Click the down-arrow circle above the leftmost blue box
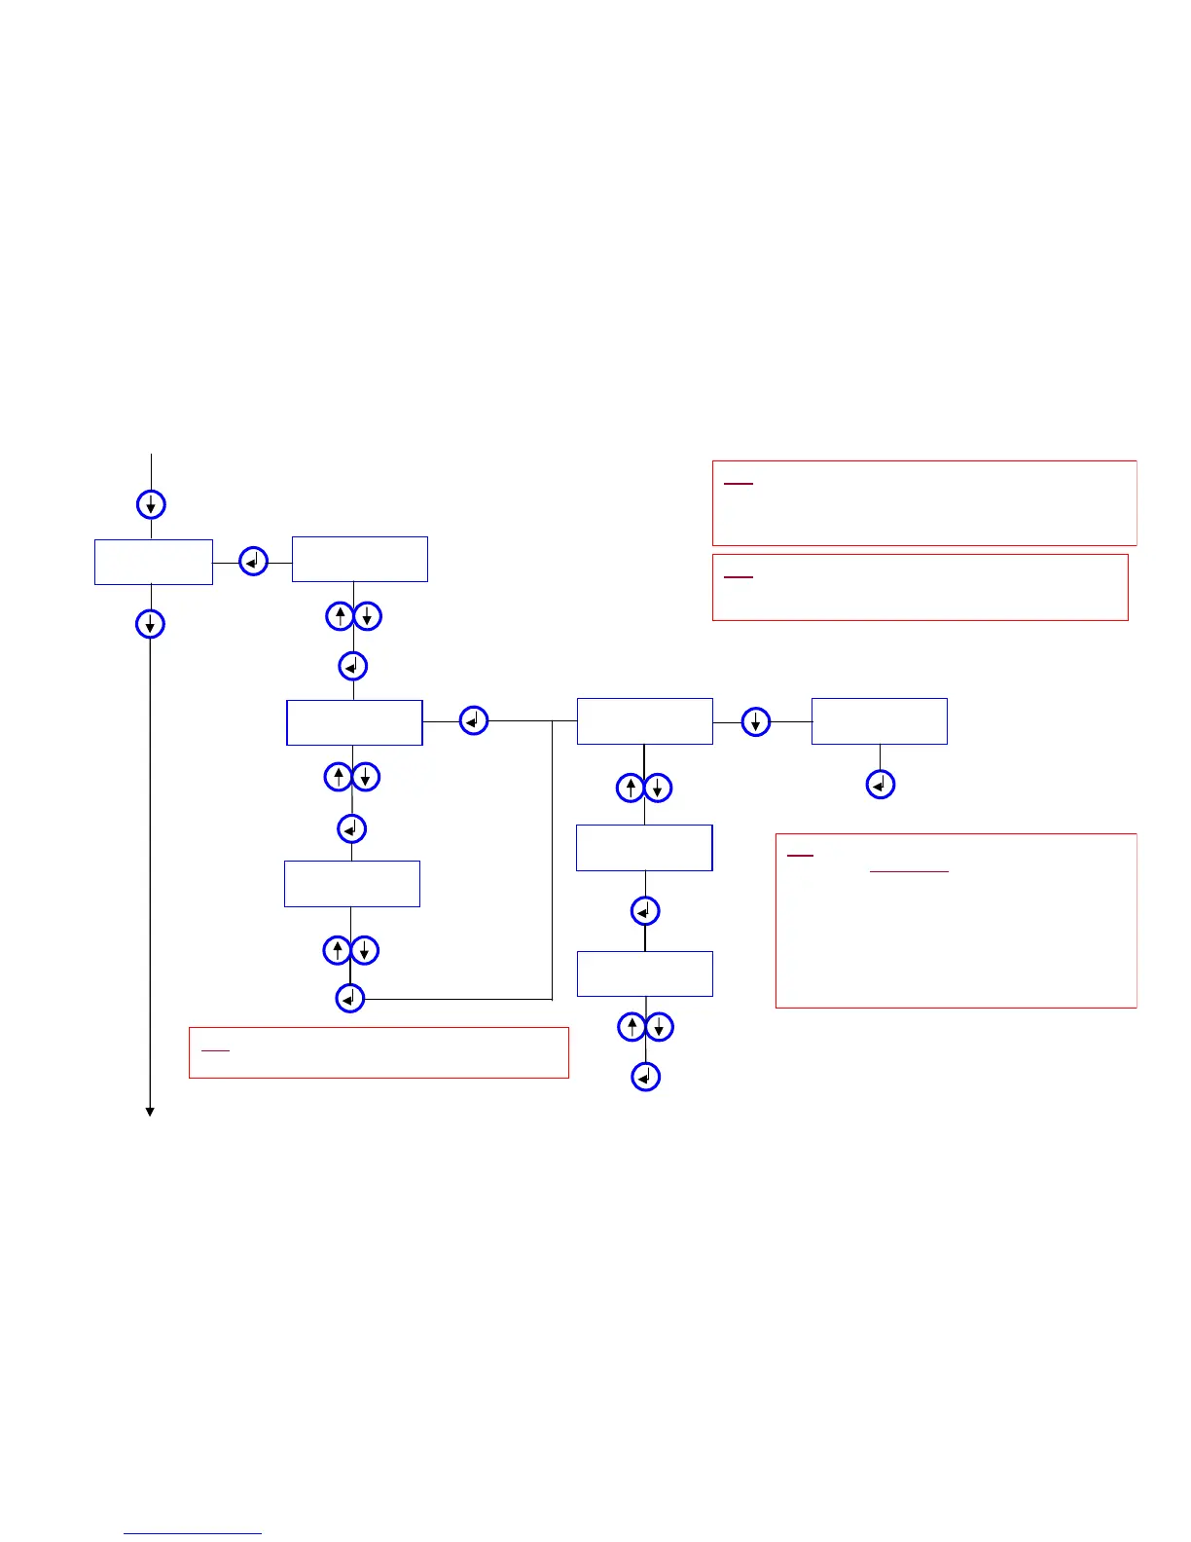(151, 504)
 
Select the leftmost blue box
(154, 562)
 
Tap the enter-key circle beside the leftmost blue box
(253, 562)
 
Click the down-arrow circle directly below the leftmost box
(150, 624)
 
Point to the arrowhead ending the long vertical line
(150, 1111)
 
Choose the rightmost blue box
(879, 721)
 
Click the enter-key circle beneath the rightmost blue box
(881, 785)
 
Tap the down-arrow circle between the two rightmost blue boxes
(756, 722)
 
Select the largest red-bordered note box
(956, 920)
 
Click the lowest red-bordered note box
(379, 1052)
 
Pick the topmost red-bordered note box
(924, 503)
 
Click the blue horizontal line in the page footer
(193, 1534)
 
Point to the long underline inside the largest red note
(909, 871)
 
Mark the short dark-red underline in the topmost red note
(739, 484)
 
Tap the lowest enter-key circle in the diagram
(646, 1077)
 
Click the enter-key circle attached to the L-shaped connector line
(350, 999)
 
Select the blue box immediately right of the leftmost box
(360, 559)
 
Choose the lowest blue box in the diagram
(645, 973)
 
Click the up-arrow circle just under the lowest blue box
(632, 1026)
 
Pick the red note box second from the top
(920, 587)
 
